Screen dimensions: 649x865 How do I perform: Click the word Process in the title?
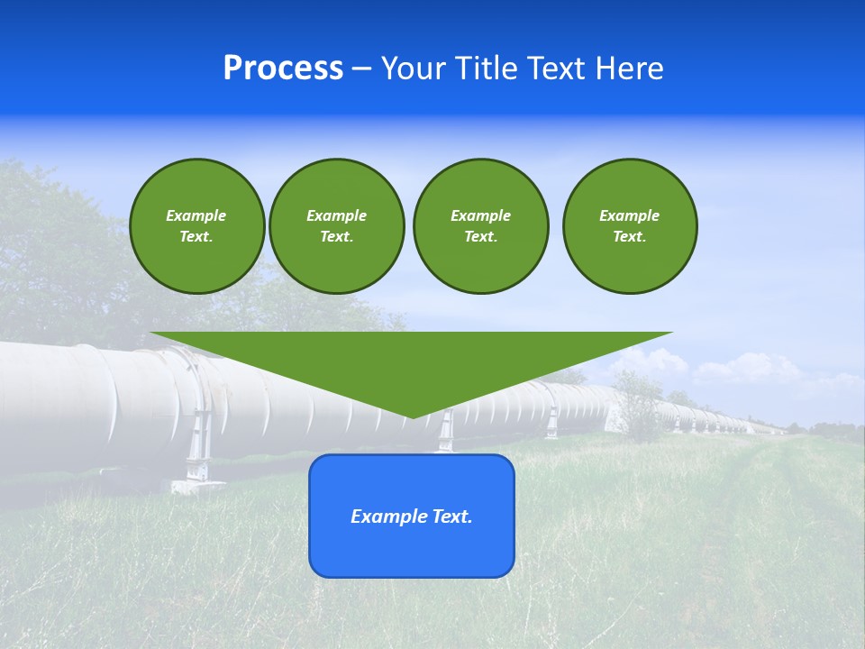pyautogui.click(x=283, y=69)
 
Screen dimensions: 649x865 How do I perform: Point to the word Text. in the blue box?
pyautogui.click(x=451, y=516)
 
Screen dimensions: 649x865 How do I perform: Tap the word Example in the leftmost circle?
pyautogui.click(x=196, y=215)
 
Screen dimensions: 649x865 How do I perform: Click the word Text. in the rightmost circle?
pyautogui.click(x=629, y=236)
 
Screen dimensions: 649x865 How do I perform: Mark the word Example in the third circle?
pyautogui.click(x=480, y=215)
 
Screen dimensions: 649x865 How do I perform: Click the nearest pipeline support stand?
pyautogui.click(x=198, y=451)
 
